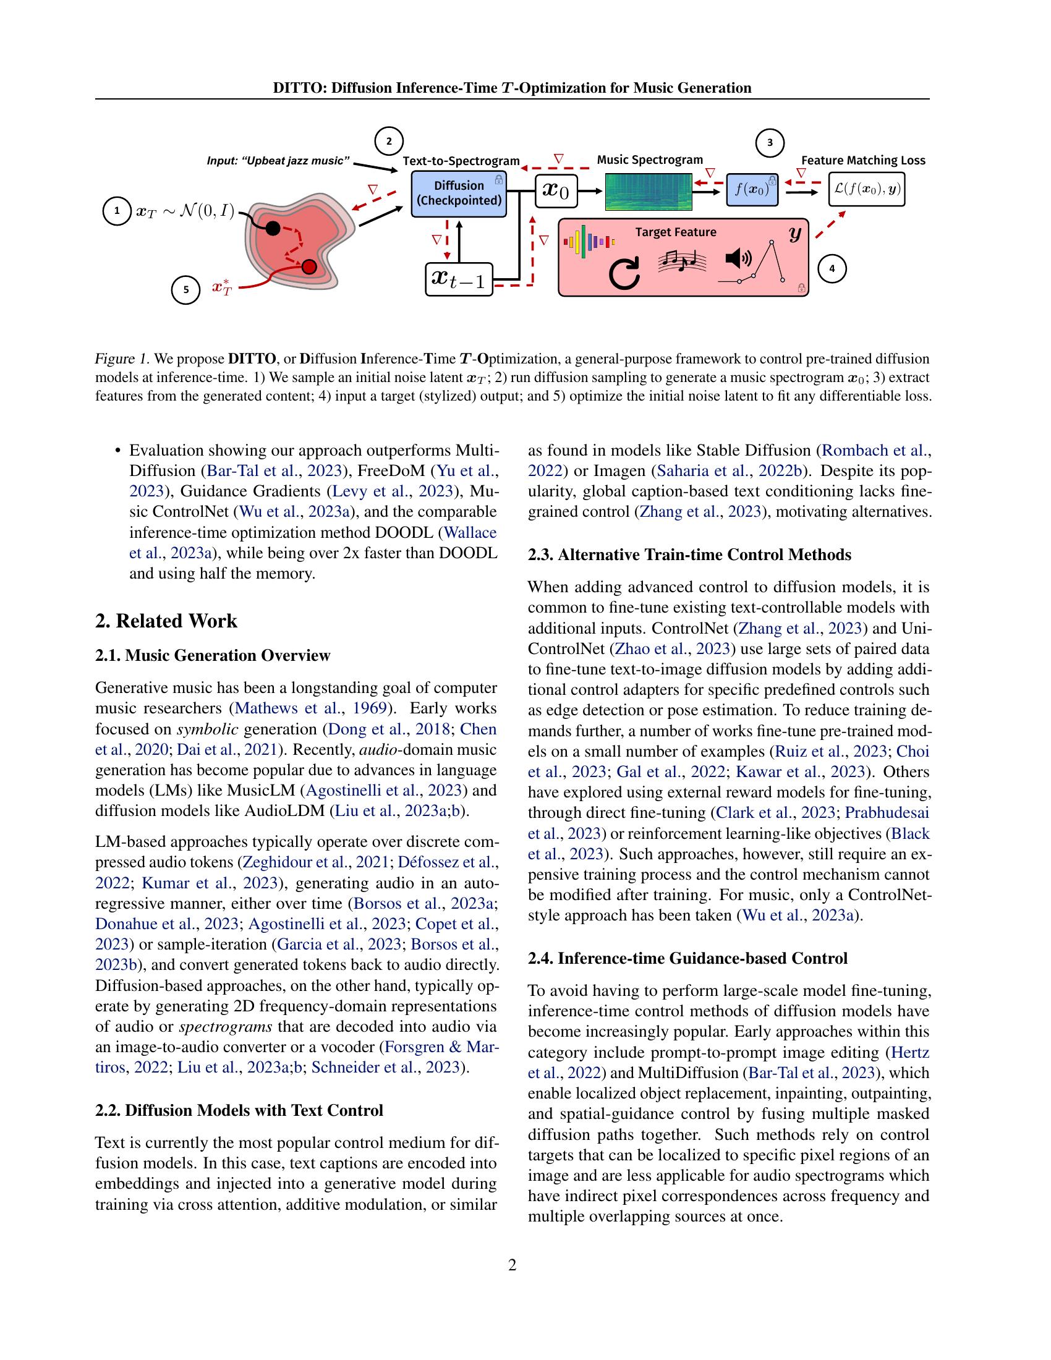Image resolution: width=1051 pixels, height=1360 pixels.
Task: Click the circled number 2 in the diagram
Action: click(389, 142)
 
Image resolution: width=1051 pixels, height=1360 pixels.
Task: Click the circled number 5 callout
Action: click(185, 289)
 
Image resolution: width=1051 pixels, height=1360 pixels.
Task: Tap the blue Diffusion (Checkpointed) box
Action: click(459, 193)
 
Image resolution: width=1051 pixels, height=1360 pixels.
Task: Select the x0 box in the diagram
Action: click(556, 191)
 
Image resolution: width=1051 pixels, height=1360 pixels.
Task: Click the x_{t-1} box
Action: click(459, 278)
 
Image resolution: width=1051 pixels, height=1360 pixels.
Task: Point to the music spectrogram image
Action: click(648, 191)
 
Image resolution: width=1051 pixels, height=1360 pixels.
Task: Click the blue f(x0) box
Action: click(752, 189)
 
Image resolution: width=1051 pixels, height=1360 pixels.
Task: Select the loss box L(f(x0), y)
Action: click(866, 189)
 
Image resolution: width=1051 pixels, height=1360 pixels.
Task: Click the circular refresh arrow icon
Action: click(624, 274)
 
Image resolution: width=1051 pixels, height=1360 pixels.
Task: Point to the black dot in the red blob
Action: click(273, 228)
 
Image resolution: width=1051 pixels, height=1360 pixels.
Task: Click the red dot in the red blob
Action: click(310, 267)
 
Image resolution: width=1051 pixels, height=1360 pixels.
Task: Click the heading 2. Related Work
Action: click(166, 621)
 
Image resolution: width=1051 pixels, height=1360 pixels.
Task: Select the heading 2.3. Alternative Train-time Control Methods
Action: click(689, 555)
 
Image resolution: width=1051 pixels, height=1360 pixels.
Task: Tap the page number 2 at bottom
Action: click(513, 1265)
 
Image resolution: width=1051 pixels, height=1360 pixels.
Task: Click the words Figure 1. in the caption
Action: click(122, 359)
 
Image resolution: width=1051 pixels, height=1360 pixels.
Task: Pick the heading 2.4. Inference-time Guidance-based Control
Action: click(687, 958)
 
